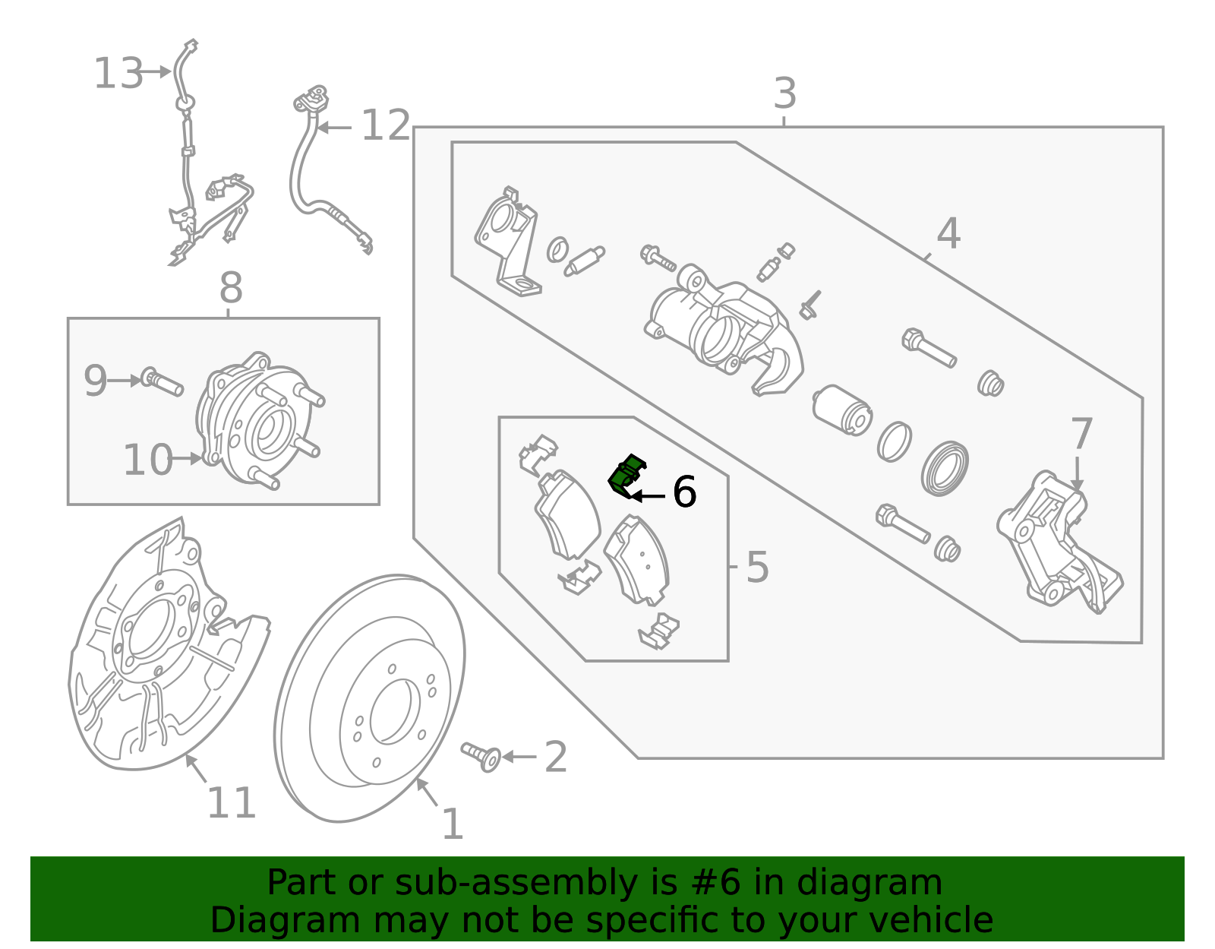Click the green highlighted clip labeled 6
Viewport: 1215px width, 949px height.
(625, 476)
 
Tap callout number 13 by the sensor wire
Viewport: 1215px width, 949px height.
(118, 74)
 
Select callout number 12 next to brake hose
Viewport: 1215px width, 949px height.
(385, 125)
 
